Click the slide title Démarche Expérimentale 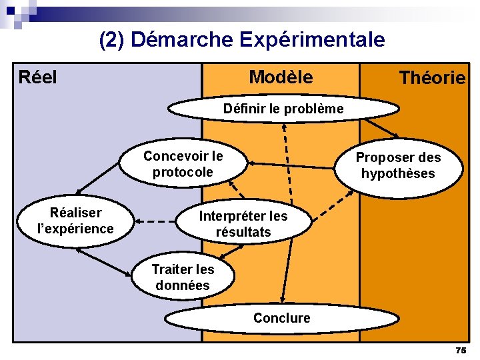[x=258, y=40]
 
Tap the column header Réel [x=37, y=77]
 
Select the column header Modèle [x=281, y=77]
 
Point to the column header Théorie [x=432, y=79]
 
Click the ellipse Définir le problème [x=283, y=109]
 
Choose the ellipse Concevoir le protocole [x=183, y=164]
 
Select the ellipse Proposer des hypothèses [x=398, y=166]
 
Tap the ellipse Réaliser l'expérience [x=75, y=221]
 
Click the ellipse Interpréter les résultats [x=243, y=224]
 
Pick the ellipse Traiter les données [x=183, y=277]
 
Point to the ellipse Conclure [x=281, y=318]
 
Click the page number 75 [x=461, y=350]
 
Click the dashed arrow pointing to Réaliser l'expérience [x=156, y=221]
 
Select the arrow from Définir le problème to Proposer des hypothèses [x=382, y=127]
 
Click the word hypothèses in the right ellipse [x=398, y=174]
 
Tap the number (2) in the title [x=112, y=40]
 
